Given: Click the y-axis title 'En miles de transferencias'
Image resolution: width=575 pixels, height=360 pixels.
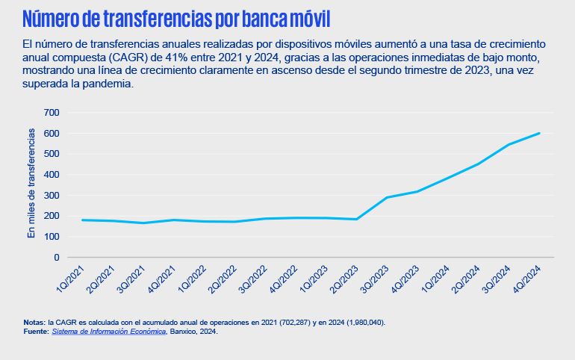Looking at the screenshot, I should click(31, 184).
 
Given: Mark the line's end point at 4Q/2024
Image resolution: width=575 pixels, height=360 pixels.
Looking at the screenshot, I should click(539, 134).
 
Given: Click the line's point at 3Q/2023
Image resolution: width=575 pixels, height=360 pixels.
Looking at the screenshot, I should click(387, 198).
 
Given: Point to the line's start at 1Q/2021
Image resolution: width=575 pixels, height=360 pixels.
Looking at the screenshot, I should click(82, 220).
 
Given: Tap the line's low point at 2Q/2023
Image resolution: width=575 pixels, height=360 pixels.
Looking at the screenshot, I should click(357, 219).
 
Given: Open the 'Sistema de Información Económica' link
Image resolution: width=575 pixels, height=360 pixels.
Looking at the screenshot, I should click(108, 332).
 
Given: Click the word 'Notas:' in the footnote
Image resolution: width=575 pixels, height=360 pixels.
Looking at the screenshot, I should click(34, 323).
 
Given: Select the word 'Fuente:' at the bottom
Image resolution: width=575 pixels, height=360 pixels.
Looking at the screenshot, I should click(35, 332).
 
